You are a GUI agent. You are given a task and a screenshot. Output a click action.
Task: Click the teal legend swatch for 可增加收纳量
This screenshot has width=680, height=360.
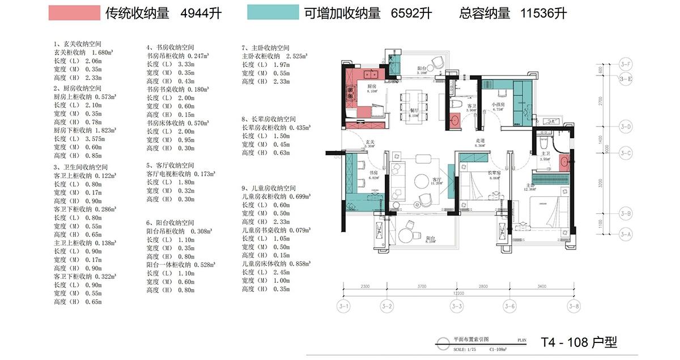(x=273, y=13)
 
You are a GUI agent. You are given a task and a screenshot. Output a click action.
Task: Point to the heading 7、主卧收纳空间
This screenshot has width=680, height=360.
(x=265, y=48)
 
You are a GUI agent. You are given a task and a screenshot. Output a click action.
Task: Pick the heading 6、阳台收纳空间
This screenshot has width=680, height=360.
(x=170, y=223)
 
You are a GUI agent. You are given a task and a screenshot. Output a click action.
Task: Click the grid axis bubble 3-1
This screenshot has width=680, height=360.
(x=345, y=307)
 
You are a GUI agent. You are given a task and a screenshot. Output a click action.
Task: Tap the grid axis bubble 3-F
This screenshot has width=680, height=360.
(x=626, y=63)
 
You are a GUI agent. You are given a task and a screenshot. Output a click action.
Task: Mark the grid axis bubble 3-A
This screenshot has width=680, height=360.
(x=626, y=234)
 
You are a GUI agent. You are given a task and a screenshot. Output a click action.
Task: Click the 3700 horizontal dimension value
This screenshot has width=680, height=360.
(x=421, y=287)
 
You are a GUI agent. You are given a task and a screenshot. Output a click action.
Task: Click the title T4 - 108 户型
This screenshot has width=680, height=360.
(x=579, y=342)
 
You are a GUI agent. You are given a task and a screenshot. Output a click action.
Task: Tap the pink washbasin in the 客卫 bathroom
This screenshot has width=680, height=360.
(x=454, y=120)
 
